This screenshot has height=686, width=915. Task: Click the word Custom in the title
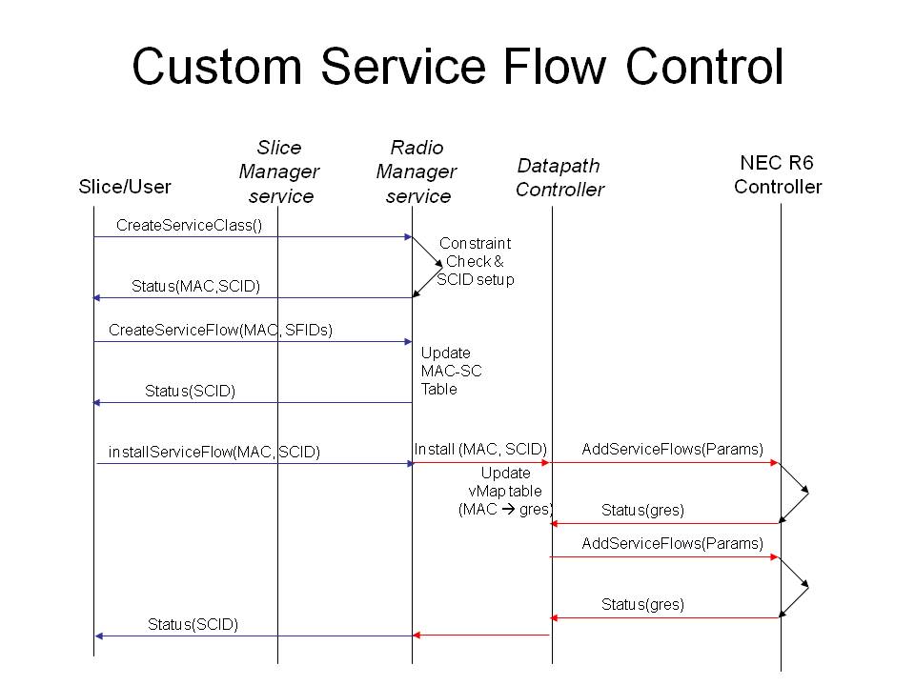(x=217, y=66)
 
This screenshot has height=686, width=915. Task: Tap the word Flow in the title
(x=555, y=66)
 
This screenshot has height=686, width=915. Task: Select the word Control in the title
(x=704, y=66)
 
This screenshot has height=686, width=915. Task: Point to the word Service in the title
(x=402, y=66)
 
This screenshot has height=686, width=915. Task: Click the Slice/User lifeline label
(x=125, y=187)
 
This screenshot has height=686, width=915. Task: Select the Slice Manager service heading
(x=279, y=171)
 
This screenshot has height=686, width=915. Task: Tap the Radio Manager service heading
(x=417, y=171)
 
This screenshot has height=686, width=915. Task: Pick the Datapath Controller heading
(x=559, y=177)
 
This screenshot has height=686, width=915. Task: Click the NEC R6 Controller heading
(x=778, y=174)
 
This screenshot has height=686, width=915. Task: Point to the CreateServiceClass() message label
(x=189, y=225)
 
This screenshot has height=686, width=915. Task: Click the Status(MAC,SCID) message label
(x=195, y=286)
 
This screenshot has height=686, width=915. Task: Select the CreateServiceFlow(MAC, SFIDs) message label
(x=220, y=331)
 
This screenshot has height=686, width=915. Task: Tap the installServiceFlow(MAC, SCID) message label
(x=214, y=452)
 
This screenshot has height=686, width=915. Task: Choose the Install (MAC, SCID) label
(x=480, y=449)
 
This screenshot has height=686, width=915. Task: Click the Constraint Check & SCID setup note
(x=476, y=261)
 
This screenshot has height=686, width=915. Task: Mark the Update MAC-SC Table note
(x=451, y=371)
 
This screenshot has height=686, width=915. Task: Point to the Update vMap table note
(x=505, y=492)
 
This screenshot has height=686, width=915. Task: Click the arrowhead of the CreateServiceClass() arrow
(x=409, y=237)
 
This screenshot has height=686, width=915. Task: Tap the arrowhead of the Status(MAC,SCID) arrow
(x=97, y=298)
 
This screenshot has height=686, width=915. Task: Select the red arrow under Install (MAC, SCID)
(x=481, y=463)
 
